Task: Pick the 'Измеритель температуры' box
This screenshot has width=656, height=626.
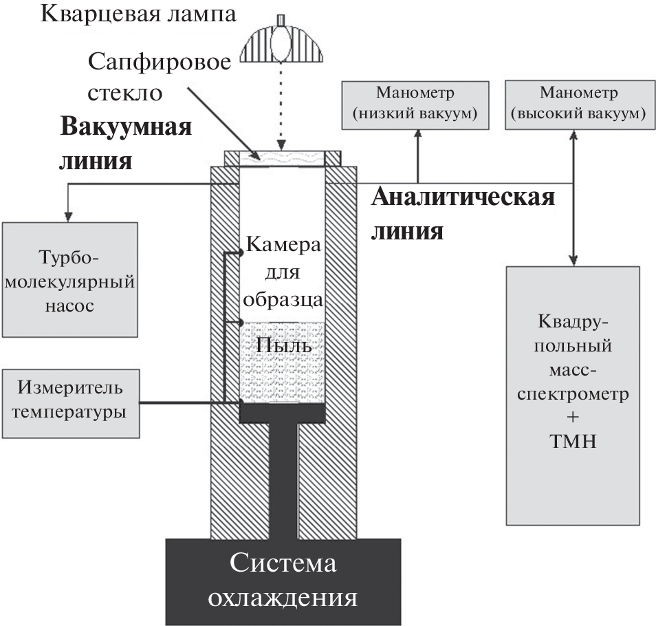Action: [71, 402]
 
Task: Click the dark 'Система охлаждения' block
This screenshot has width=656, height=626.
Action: [283, 581]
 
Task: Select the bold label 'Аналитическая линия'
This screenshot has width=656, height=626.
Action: [463, 213]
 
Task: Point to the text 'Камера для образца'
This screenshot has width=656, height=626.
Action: [283, 272]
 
